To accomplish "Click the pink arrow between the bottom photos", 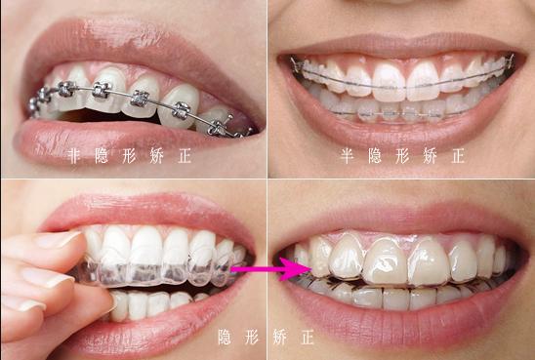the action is (x=269, y=269).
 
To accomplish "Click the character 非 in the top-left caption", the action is (x=74, y=156).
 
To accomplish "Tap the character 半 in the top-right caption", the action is (x=347, y=156).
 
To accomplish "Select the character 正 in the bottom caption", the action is (x=308, y=338).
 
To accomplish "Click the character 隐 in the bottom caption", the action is (x=225, y=338).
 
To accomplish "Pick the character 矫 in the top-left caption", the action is (x=157, y=156).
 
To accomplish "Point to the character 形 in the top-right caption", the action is (x=402, y=156).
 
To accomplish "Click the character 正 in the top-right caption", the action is (x=458, y=156).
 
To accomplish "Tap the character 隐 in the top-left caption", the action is (x=102, y=156).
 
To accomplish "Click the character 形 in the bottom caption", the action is (x=252, y=338).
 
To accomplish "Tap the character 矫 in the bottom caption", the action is (x=280, y=338).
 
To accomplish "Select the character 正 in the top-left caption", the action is (x=185, y=156).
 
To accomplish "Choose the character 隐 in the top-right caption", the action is (x=375, y=156).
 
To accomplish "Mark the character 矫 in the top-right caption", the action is (x=430, y=156).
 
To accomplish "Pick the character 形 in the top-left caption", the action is (x=129, y=156).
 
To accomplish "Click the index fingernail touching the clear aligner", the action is (x=58, y=240).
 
